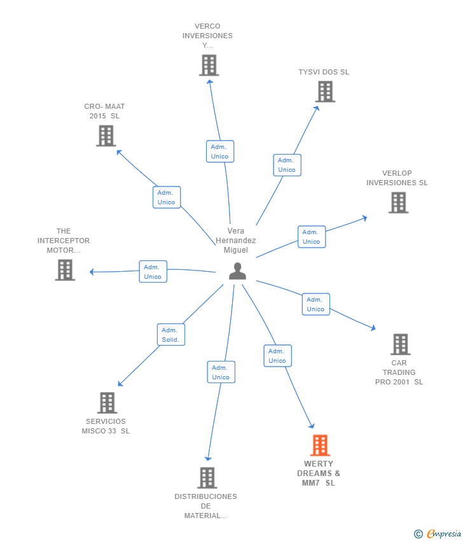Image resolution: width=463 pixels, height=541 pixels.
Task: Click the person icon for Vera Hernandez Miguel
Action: [237, 271]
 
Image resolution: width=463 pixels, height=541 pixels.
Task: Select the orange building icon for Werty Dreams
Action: [320, 446]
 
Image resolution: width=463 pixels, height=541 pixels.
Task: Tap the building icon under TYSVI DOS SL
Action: [325, 92]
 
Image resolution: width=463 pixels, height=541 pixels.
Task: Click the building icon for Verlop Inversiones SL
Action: [398, 202]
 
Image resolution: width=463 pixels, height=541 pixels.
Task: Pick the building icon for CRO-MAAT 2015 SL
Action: [106, 136]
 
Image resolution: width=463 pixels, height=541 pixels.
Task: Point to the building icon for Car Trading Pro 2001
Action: [400, 344]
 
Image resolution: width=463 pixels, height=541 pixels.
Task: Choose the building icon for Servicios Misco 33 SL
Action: [107, 403]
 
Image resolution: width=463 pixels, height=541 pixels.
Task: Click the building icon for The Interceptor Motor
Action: [65, 270]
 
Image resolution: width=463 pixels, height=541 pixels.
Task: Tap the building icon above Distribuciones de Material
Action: [207, 478]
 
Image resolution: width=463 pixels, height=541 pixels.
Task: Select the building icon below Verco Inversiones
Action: [209, 65]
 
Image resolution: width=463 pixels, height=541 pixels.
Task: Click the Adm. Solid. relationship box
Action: [171, 335]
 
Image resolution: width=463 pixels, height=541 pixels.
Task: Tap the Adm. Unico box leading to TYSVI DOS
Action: [287, 165]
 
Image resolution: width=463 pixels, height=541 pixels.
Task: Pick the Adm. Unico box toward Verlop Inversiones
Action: [312, 237]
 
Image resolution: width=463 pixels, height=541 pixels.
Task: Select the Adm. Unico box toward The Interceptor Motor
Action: [153, 272]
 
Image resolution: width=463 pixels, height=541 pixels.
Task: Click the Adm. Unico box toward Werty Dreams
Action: [277, 356]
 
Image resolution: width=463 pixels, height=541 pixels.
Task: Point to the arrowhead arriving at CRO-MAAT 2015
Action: [120, 152]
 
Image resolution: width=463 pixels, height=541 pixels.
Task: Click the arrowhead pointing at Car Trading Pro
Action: [373, 327]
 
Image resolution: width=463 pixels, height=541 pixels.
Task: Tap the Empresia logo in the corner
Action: [437, 534]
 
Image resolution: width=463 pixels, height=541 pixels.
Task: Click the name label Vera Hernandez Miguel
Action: [236, 241]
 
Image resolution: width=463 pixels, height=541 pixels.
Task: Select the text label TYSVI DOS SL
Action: [324, 72]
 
